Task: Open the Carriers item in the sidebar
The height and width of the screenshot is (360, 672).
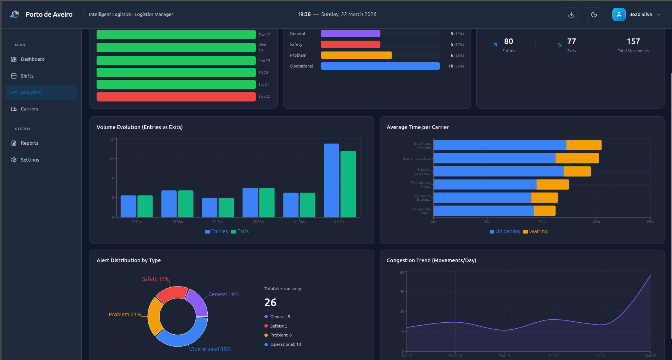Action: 29,109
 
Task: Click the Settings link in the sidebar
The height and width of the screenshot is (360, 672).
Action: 29,160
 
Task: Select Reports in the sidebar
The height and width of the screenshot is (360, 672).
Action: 29,143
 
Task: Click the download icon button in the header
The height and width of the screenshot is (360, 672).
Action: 571,15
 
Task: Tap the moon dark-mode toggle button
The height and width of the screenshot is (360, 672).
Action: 594,15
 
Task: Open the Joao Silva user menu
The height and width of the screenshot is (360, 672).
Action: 637,15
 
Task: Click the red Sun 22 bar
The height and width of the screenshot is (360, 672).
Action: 176,97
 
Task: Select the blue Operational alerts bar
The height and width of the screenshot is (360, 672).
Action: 380,66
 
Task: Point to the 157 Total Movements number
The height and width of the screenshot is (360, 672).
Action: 633,41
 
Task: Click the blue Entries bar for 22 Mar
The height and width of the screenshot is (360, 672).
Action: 331,180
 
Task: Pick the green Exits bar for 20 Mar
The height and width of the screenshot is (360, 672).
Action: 267,202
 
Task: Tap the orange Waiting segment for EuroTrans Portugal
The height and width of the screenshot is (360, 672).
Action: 584,145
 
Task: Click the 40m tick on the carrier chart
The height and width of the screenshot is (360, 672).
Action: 542,221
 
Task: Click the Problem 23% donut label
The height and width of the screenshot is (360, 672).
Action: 125,314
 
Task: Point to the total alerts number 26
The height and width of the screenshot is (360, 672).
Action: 270,303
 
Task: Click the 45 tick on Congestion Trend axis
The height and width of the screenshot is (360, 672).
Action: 402,292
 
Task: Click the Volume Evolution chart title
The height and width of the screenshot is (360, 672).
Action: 139,127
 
